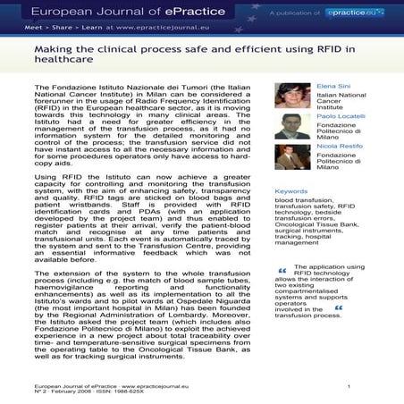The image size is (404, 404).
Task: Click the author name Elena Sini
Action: point(335,86)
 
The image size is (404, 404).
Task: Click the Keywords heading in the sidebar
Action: point(292,191)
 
